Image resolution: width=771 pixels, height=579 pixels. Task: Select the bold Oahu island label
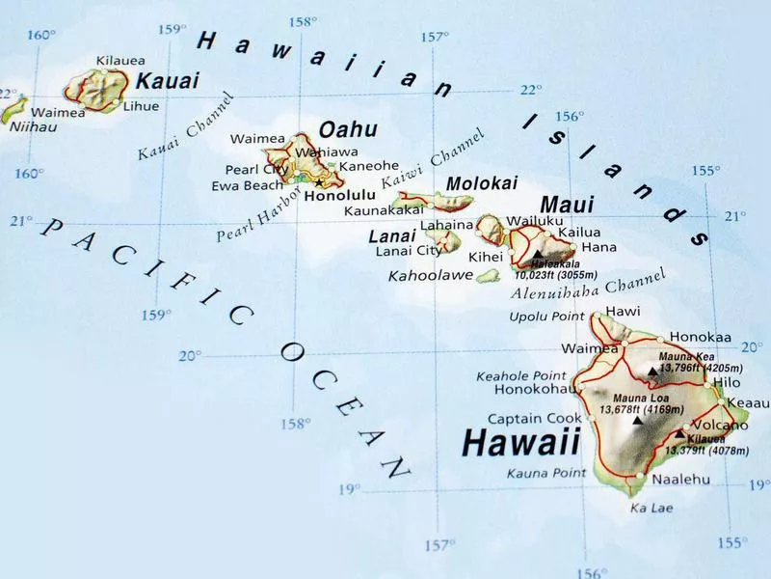(348, 129)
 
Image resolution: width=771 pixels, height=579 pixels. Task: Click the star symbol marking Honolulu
(319, 182)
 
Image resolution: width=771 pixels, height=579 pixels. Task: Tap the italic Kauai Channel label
(187, 127)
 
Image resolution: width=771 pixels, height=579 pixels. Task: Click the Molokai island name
(482, 183)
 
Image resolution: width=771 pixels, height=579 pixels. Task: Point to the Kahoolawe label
(430, 276)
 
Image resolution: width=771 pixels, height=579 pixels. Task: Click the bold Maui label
(567, 206)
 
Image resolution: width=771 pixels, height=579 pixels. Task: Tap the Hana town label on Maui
(599, 248)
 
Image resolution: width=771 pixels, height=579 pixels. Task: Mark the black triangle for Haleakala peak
(537, 256)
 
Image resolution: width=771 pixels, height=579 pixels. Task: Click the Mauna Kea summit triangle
(652, 370)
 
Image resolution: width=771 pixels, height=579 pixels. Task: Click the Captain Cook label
(534, 419)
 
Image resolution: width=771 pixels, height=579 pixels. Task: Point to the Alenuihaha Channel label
(588, 285)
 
